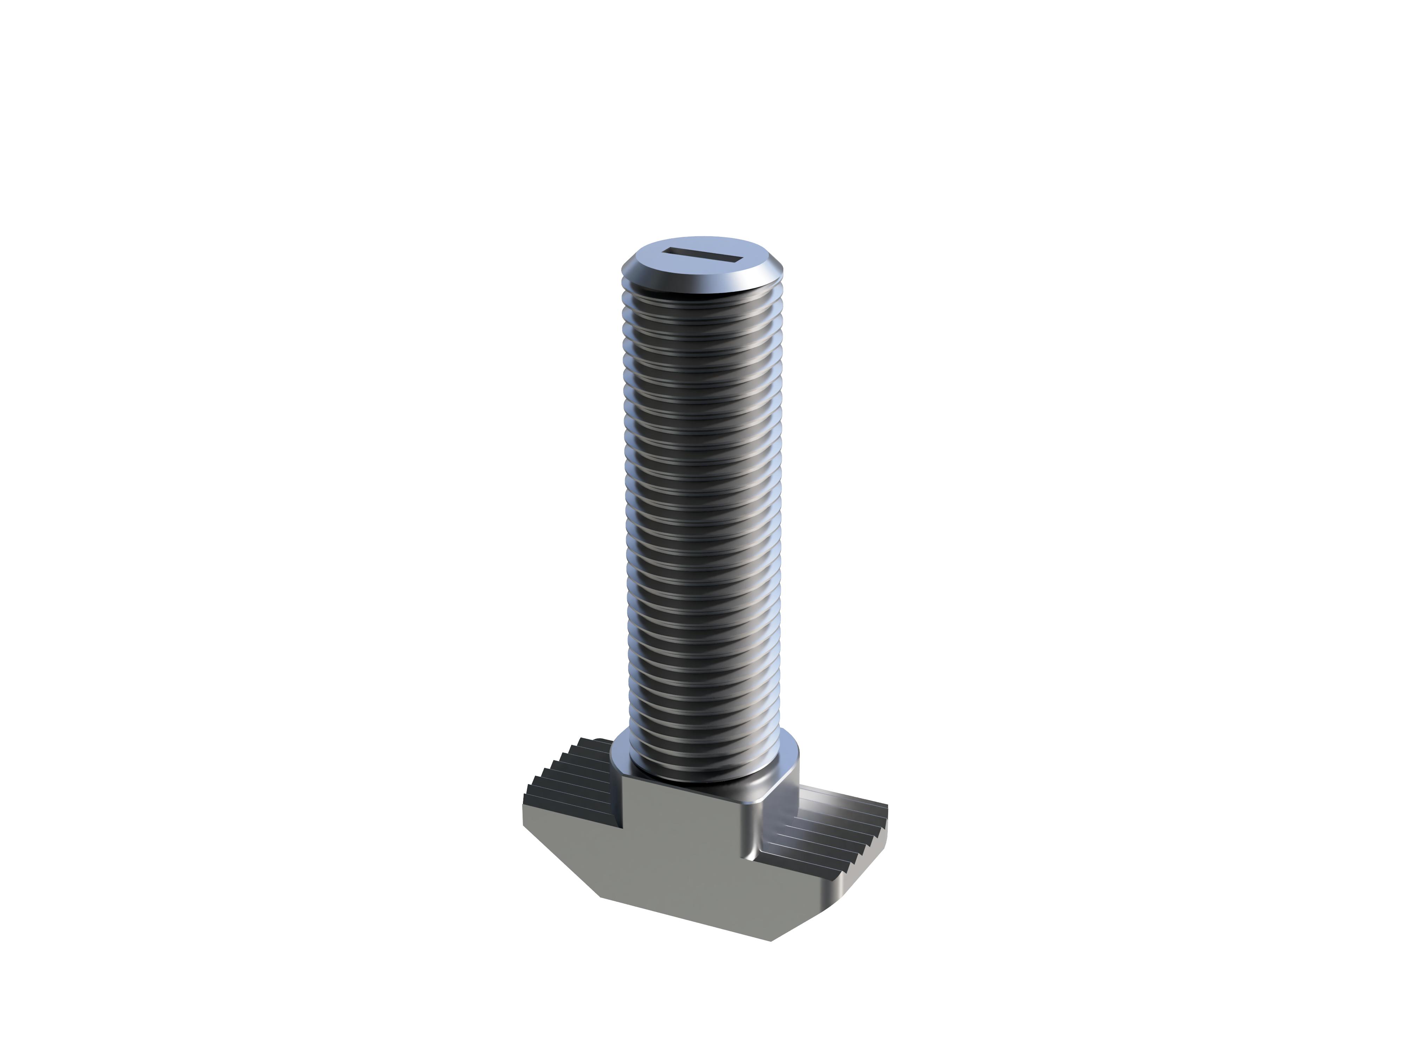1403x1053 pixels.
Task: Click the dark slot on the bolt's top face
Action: click(702, 256)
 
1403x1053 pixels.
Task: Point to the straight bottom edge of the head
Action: click(685, 919)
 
